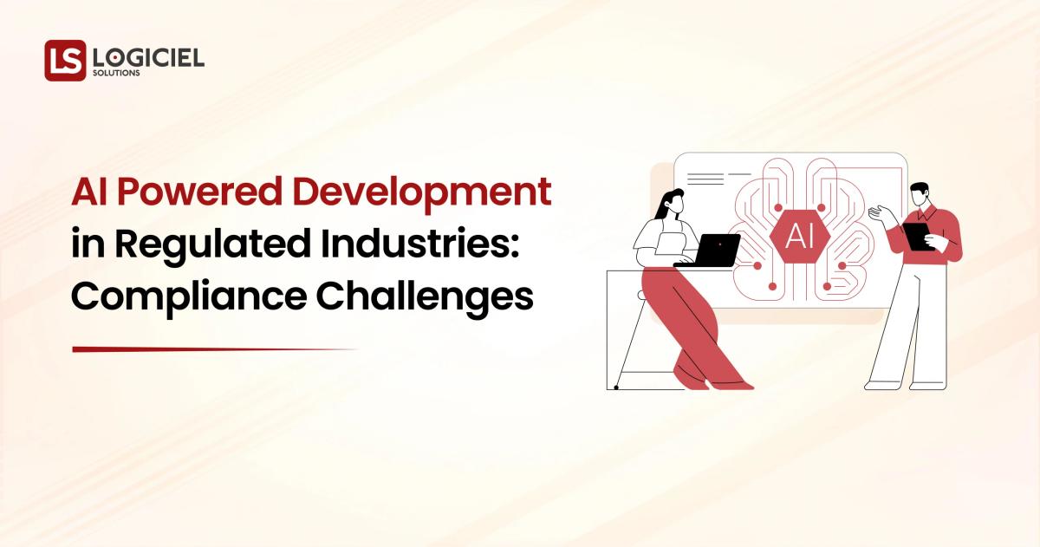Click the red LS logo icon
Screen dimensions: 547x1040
point(65,60)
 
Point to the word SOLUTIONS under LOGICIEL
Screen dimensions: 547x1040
point(116,74)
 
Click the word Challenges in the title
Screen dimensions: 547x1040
point(424,297)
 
